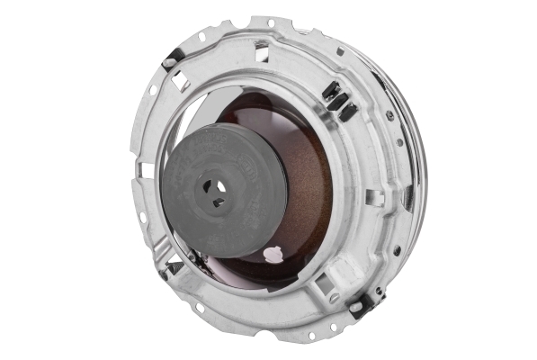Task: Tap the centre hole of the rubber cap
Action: (214, 191)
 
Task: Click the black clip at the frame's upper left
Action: (170, 62)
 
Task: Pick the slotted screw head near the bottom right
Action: (334, 297)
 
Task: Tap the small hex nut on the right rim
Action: (389, 117)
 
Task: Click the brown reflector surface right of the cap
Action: (310, 198)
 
